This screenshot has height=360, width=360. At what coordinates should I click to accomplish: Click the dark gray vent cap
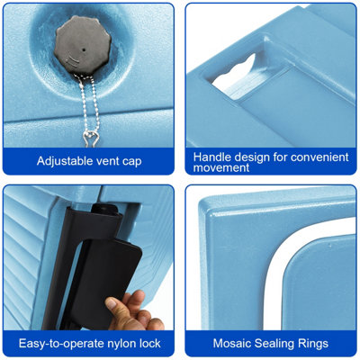(83, 45)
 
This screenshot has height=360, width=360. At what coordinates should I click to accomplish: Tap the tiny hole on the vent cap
(84, 49)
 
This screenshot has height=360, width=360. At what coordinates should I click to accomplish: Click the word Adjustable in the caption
(64, 161)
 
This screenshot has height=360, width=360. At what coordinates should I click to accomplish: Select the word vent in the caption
(107, 161)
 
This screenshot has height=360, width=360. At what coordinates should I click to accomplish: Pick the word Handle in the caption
(212, 157)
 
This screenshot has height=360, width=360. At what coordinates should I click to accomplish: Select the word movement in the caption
(221, 167)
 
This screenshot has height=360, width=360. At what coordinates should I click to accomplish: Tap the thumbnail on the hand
(111, 303)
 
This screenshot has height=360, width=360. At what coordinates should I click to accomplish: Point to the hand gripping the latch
(133, 311)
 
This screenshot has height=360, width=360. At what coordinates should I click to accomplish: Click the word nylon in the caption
(121, 344)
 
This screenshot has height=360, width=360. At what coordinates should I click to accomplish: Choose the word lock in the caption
(150, 343)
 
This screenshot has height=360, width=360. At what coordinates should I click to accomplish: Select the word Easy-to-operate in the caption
(61, 344)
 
